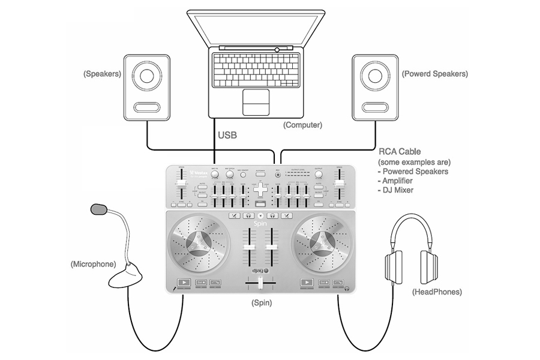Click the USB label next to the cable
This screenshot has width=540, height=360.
pos(227,136)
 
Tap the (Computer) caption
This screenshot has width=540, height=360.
pos(302,125)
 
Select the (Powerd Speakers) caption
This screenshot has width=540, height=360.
pos(434,74)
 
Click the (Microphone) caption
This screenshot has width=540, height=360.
pos(93,264)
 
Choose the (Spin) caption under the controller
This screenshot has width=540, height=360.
pos(261,304)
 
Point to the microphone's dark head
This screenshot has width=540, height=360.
pos(99,209)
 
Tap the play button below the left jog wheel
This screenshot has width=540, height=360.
pos(184,282)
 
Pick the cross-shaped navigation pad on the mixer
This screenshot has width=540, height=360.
pos(260,189)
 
